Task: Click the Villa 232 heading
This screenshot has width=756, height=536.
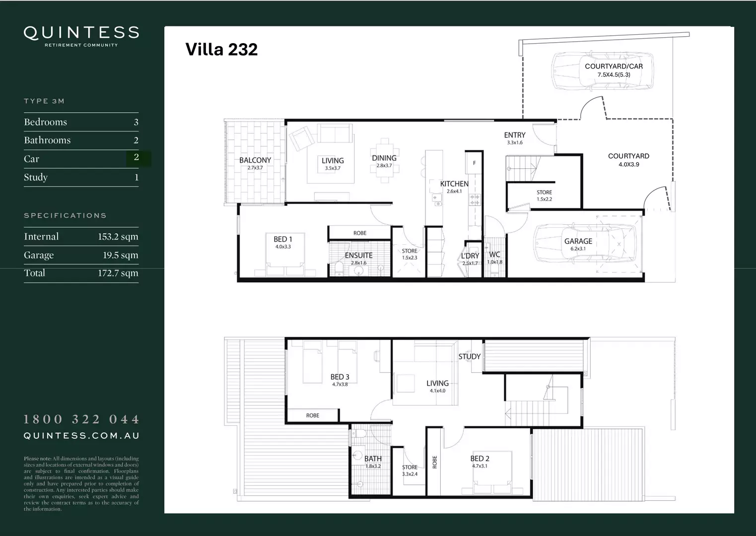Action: [x=221, y=49]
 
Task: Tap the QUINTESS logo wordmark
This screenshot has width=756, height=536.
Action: [x=81, y=33]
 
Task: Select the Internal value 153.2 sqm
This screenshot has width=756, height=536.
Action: [x=118, y=237]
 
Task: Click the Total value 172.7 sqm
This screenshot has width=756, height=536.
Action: [x=118, y=273]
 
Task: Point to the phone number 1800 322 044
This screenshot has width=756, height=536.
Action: [x=81, y=419]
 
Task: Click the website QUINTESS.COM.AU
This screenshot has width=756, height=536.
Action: [x=81, y=436]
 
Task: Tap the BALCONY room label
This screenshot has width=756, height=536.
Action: [x=255, y=160]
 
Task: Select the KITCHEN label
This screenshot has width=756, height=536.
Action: [x=454, y=184]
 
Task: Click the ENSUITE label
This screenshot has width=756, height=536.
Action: [x=358, y=256]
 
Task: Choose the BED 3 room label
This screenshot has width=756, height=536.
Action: [x=340, y=377]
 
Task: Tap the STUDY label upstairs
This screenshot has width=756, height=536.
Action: [x=469, y=356]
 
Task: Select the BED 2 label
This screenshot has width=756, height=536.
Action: [x=480, y=459]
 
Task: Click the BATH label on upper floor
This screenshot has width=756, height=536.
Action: [x=373, y=459]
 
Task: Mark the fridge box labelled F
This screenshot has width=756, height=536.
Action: [x=474, y=163]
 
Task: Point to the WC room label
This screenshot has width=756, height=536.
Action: [x=494, y=255]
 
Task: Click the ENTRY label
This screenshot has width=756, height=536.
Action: [x=515, y=135]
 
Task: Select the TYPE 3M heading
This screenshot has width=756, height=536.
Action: [x=44, y=101]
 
